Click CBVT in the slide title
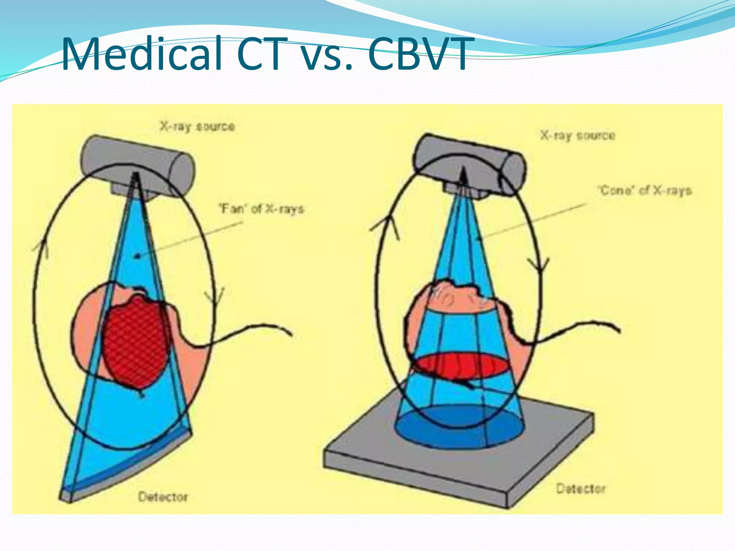[x=418, y=55]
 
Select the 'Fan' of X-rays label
[x=262, y=209]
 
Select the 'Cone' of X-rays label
[x=645, y=190]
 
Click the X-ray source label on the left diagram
[x=197, y=126]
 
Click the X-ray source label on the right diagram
[x=578, y=136]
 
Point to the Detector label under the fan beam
[x=163, y=497]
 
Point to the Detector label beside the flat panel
[x=581, y=489]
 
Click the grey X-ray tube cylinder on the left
[x=136, y=158]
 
